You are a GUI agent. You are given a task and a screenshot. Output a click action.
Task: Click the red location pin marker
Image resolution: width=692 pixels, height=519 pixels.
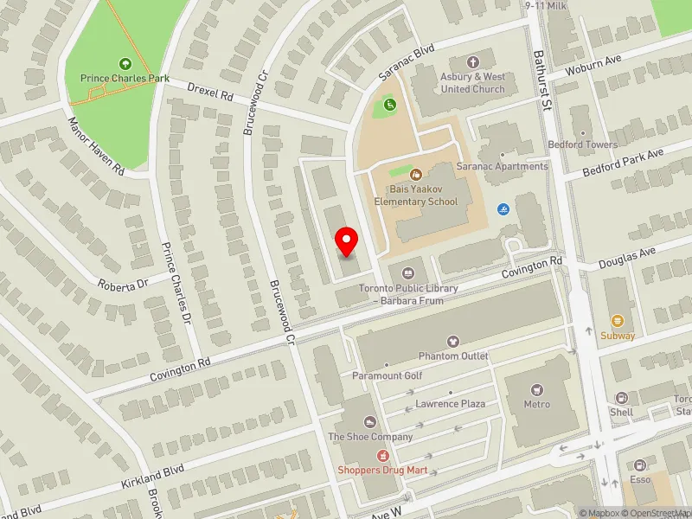click(x=347, y=240)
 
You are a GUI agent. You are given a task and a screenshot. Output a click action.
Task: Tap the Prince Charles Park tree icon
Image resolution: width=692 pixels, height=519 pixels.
click(x=125, y=64)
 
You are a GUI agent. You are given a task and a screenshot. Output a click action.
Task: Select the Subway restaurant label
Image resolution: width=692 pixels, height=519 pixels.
click(x=617, y=336)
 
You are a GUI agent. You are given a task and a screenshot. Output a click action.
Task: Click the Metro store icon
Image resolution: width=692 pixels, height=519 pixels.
click(x=536, y=389)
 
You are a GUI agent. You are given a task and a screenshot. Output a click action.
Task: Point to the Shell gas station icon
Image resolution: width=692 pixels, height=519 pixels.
click(x=621, y=398)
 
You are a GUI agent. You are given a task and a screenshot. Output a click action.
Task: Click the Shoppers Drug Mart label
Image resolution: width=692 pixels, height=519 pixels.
click(x=378, y=470)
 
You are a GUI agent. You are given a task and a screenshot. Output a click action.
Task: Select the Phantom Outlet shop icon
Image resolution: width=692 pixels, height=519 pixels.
click(x=453, y=343)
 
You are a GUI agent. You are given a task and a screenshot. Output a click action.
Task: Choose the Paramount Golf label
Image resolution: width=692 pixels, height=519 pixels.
click(x=387, y=375)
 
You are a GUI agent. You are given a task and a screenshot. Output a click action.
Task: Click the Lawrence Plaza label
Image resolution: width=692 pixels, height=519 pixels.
click(x=450, y=404)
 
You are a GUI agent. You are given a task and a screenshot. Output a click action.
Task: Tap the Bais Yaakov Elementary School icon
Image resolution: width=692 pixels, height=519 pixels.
click(x=415, y=176)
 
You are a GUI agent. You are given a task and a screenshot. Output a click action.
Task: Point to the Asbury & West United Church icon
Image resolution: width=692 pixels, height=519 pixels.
click(x=472, y=62)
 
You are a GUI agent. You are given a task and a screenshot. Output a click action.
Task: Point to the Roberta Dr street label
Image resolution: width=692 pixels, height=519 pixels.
click(x=123, y=283)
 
